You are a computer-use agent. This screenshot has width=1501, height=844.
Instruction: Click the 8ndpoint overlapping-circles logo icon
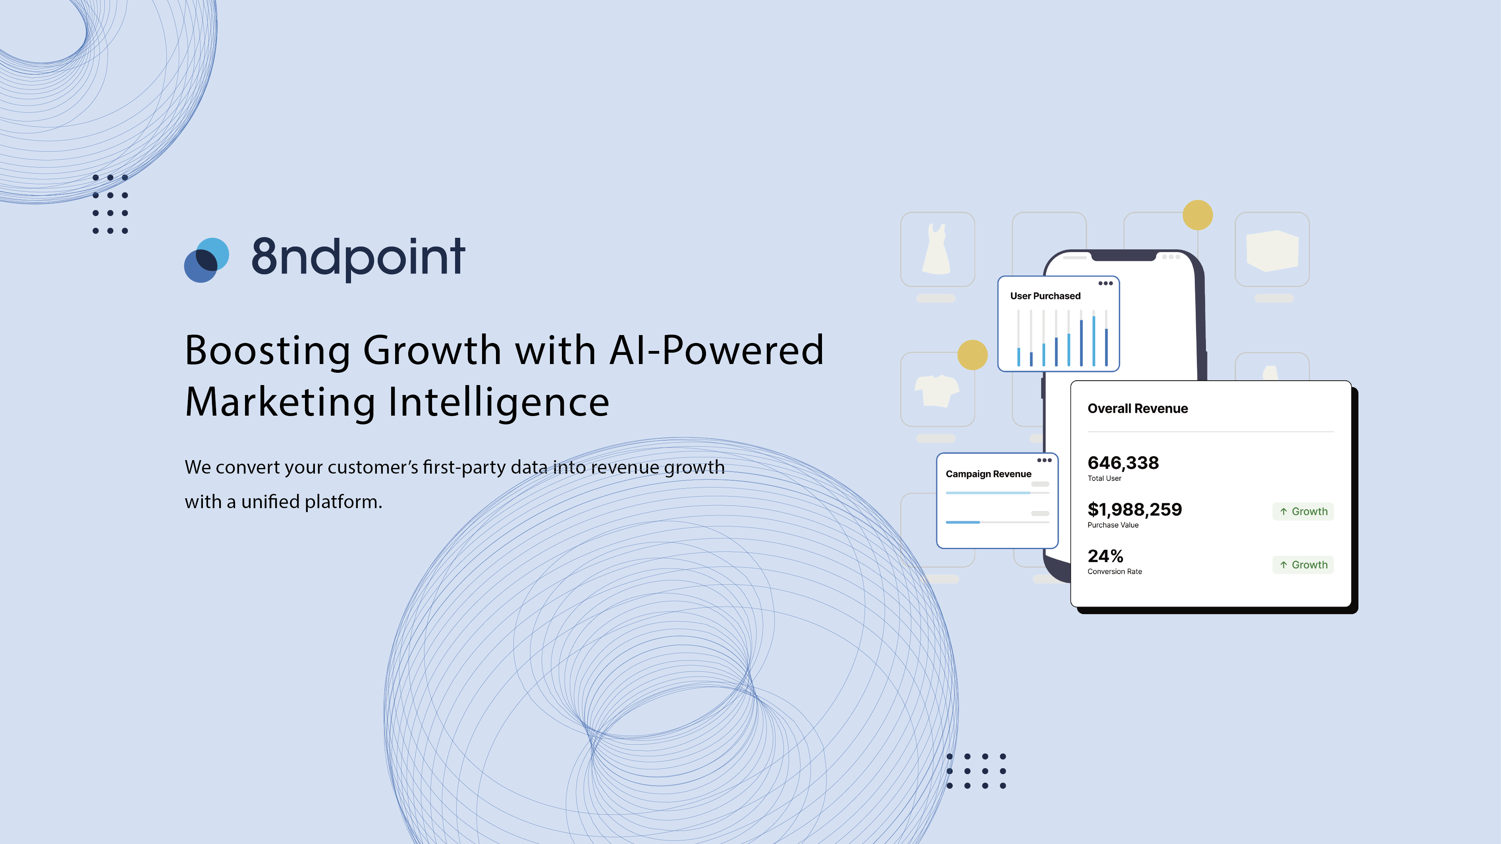point(206,260)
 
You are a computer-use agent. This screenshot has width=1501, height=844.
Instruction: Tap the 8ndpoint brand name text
point(358,258)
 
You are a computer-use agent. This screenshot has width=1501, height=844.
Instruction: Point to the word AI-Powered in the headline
point(716,351)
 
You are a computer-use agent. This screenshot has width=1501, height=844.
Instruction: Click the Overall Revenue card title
point(1137,409)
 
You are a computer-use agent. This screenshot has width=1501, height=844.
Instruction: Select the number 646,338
point(1123,462)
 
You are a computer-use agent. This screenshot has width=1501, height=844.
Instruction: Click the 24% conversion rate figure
point(1105,556)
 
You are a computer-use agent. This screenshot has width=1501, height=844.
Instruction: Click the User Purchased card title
point(1045,296)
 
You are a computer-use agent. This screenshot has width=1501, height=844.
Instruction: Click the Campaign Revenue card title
point(988,474)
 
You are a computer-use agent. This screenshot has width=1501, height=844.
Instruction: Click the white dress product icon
point(936,249)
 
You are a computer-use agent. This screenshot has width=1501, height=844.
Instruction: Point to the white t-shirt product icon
point(936,390)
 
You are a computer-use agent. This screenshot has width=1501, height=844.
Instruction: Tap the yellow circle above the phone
point(1197,215)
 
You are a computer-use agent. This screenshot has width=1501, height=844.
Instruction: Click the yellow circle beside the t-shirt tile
point(972,355)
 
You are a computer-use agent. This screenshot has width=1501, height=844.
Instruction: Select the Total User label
point(1104,478)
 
